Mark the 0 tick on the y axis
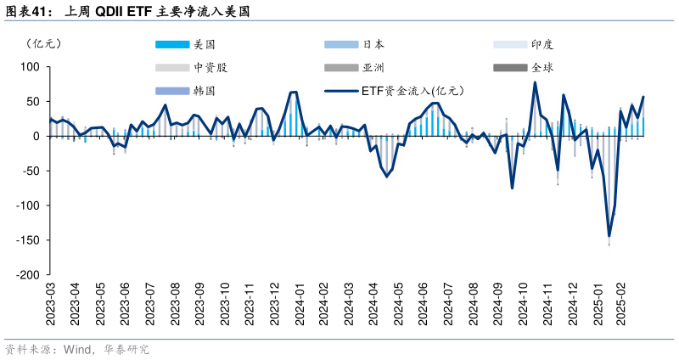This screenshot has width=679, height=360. (36, 136)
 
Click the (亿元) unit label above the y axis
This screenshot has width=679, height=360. (43, 43)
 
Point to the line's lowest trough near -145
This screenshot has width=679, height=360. (609, 236)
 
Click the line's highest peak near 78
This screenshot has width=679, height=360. (535, 82)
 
